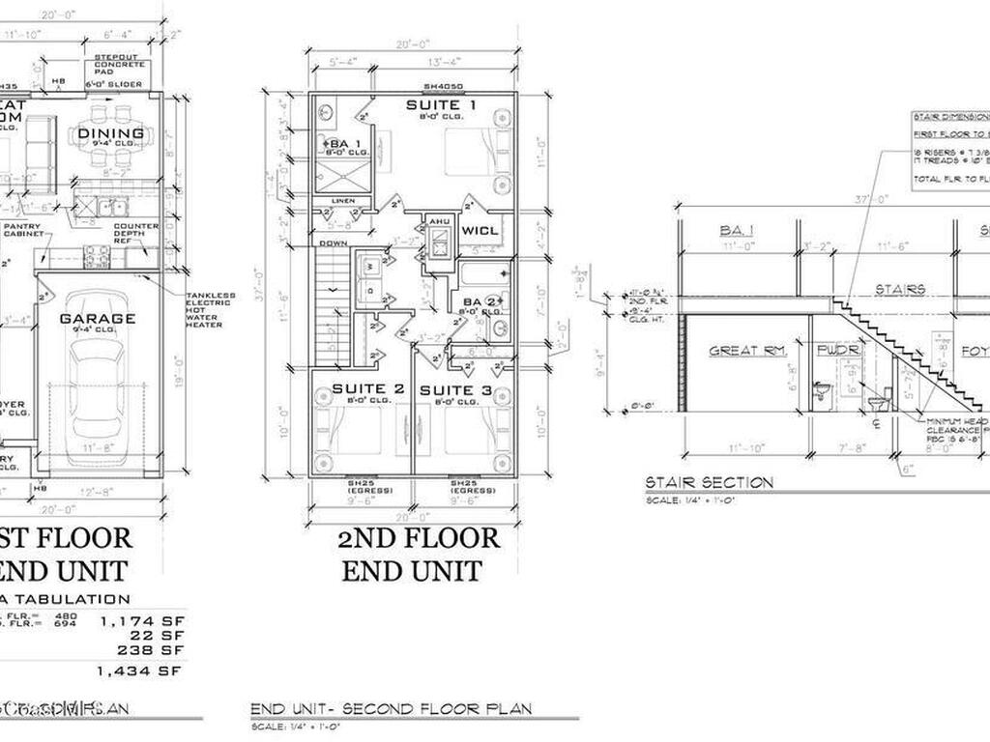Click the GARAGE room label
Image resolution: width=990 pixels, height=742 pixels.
(98, 318)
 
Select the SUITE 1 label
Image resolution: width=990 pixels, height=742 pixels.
(440, 104)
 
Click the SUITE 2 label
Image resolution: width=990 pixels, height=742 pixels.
(361, 389)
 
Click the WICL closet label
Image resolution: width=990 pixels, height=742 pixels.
(480, 231)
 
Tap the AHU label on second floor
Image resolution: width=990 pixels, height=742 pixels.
(440, 220)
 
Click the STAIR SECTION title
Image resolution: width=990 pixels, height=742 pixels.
(709, 482)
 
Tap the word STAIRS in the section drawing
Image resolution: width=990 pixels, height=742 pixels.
(900, 289)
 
